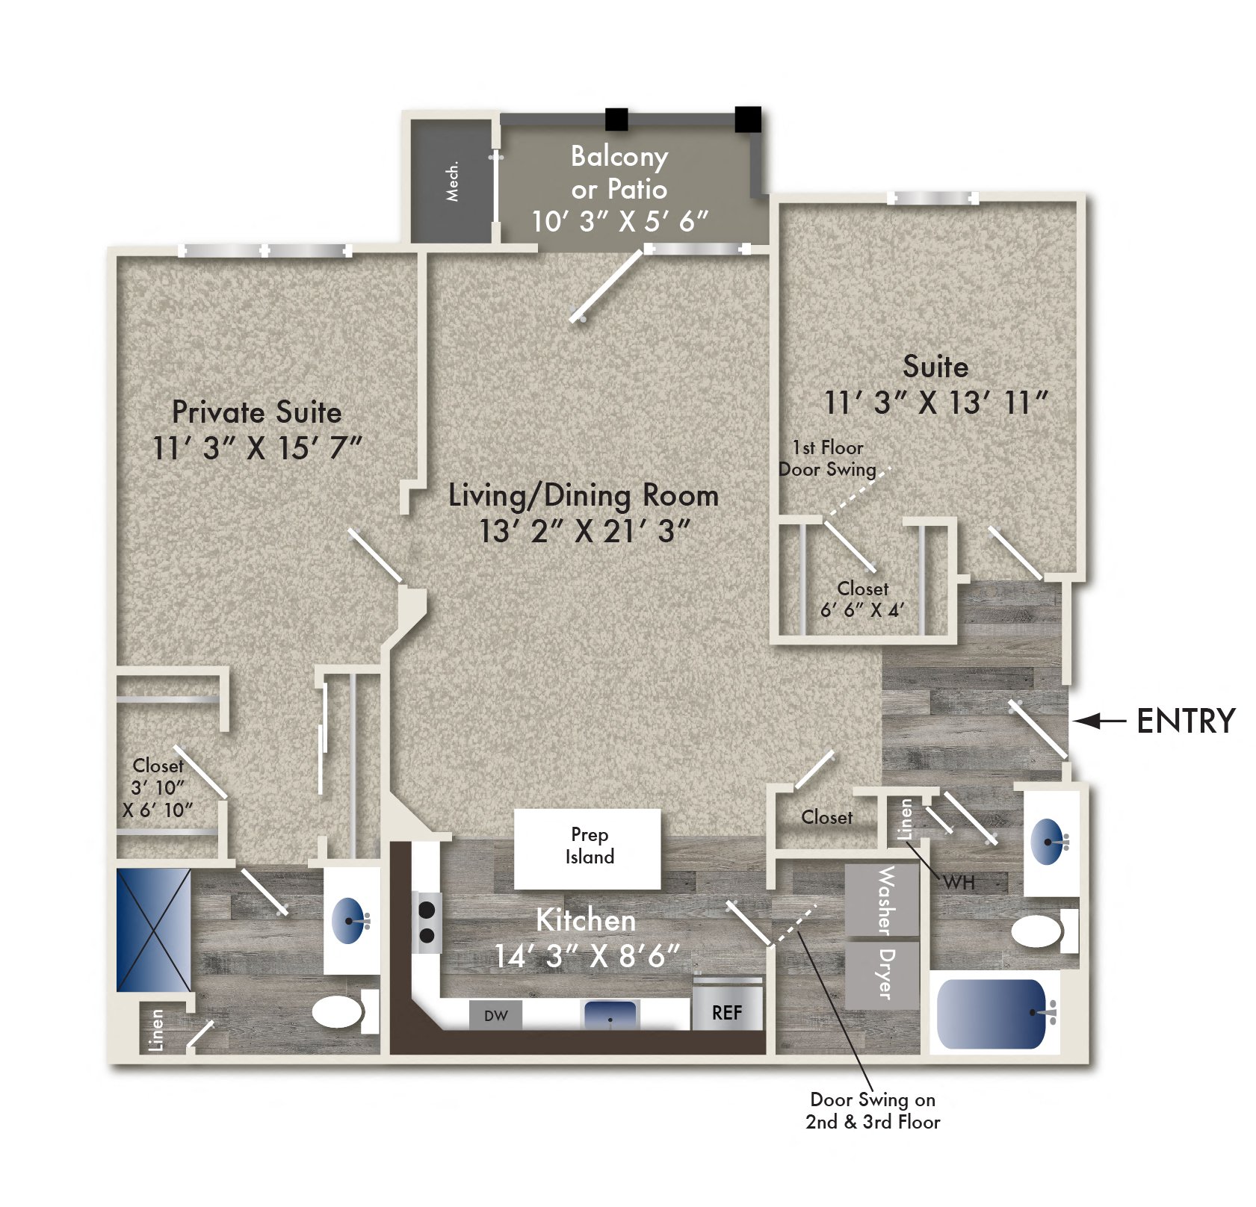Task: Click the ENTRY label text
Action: coord(1185,721)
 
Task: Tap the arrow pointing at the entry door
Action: coord(1099,721)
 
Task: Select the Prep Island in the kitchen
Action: coord(587,848)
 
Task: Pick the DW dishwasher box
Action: coord(495,1015)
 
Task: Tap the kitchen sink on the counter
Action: coord(610,1014)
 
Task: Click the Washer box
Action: coord(882,899)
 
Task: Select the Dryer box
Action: coord(882,974)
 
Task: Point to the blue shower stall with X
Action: coord(153,929)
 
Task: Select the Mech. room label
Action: coord(452,181)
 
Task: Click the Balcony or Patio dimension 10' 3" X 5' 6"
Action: coord(619,221)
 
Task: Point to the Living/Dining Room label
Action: coord(584,496)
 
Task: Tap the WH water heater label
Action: coord(959,883)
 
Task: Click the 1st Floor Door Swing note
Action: coord(827,458)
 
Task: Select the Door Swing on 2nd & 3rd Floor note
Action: coord(872,1110)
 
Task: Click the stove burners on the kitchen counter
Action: coord(427,922)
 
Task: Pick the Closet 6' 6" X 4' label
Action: coord(862,599)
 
